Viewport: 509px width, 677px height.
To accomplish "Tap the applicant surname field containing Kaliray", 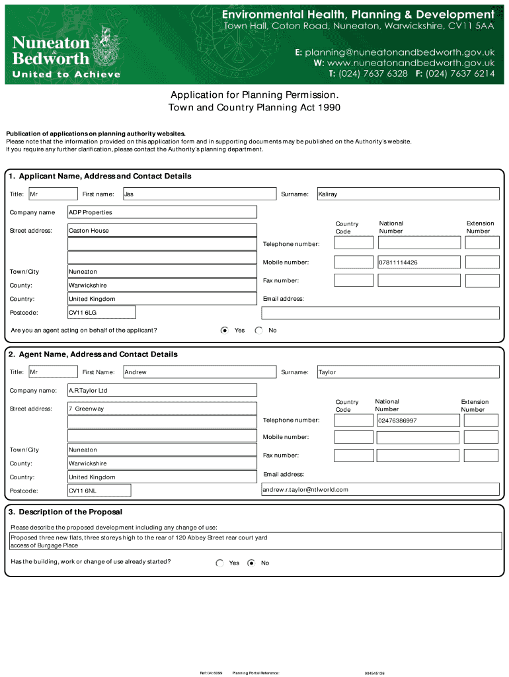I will (x=408, y=194).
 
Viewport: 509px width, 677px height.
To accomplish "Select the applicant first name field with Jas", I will (x=200, y=194).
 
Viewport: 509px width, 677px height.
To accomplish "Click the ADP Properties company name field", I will (x=162, y=212).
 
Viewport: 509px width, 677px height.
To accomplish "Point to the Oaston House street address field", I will (x=162, y=230).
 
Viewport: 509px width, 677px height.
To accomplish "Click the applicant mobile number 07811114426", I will (x=418, y=262).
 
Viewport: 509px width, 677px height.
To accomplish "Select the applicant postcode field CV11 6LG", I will (x=102, y=312).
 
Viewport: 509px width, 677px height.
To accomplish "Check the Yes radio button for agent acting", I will (x=225, y=330).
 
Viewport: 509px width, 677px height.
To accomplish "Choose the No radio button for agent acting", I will (x=258, y=330).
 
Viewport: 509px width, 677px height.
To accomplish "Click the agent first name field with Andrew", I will (x=200, y=372).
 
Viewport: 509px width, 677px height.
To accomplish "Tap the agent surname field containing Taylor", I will (x=408, y=372).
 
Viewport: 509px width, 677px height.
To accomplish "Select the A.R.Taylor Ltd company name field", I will (x=162, y=390).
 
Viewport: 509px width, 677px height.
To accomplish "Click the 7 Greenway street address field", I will (x=162, y=409).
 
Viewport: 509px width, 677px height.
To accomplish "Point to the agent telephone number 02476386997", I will (x=418, y=420).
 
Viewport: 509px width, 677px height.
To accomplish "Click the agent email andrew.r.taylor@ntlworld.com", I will (x=380, y=490).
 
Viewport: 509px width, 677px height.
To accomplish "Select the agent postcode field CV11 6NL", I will (x=99, y=491).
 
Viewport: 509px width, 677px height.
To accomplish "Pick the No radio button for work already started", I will (x=251, y=563).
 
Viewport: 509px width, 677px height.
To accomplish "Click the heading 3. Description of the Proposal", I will (x=65, y=512).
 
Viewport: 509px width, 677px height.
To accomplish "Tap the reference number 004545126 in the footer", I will (x=374, y=673).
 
